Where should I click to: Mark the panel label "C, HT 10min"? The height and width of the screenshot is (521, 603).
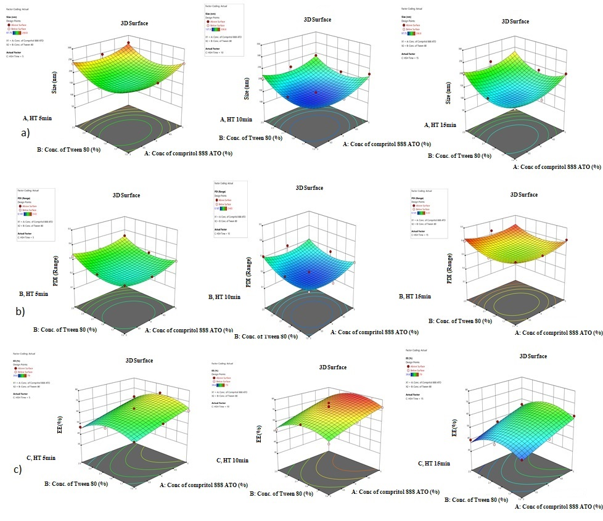[233, 461]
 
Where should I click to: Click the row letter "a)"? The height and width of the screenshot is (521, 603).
[25, 132]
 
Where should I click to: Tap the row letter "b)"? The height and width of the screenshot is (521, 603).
[20, 311]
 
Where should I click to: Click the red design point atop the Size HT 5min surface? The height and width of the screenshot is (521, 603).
[128, 44]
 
